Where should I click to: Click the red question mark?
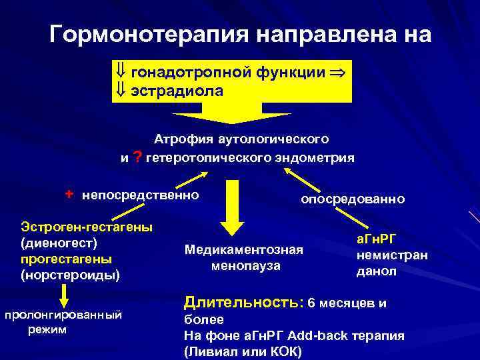pyautogui.click(x=137, y=157)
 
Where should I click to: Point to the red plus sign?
pyautogui.click(x=69, y=194)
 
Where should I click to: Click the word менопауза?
pyautogui.click(x=245, y=266)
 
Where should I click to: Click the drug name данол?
pyautogui.click(x=376, y=271)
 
